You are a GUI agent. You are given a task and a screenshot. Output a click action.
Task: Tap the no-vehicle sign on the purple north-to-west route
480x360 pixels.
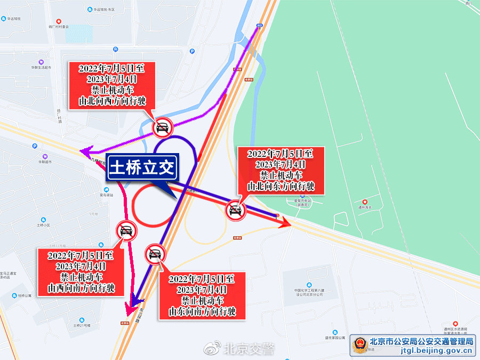coord(162,127)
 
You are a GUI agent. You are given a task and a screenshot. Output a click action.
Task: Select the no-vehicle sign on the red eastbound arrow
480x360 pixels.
coord(235,212)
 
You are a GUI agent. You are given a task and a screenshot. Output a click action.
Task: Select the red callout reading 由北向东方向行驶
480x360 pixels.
coord(281,170)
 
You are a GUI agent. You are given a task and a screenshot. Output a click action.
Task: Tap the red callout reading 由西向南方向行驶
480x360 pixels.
coord(81,272)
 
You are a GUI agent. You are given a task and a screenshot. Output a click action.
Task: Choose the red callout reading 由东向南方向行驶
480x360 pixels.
coord(202,295)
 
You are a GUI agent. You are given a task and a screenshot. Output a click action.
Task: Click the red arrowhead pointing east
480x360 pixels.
coord(285,222)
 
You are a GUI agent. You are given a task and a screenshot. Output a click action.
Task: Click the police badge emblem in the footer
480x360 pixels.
coord(359,346)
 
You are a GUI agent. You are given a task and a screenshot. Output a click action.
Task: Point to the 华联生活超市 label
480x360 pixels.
coord(41,68)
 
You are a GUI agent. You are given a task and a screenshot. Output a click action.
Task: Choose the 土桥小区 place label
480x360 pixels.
coord(43,226)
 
